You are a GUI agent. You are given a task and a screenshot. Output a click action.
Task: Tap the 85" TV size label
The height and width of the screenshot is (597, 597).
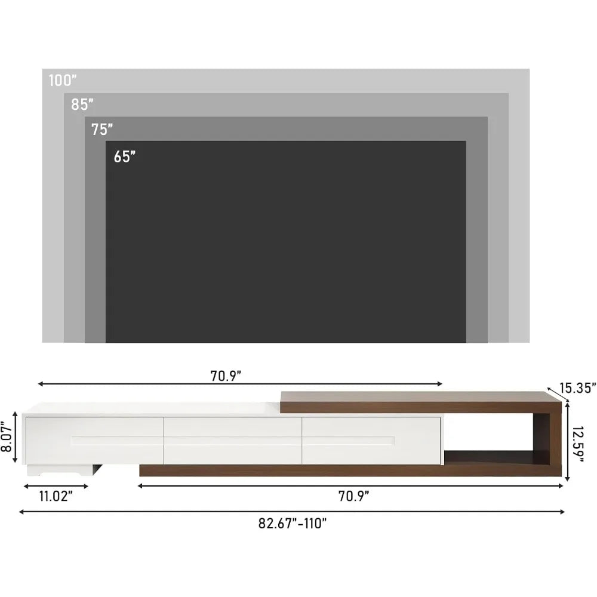(x=82, y=104)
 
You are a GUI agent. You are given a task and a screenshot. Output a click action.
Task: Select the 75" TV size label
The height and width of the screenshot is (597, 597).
(x=102, y=129)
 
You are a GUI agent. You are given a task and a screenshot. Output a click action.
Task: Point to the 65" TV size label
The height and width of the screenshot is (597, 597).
(x=125, y=157)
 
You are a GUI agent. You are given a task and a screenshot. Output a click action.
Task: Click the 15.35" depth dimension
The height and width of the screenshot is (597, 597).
(x=577, y=389)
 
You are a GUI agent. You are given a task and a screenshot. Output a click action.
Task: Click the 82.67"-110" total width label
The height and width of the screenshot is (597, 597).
(x=293, y=524)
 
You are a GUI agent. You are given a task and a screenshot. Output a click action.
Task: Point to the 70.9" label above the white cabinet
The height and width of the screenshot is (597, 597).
(x=225, y=376)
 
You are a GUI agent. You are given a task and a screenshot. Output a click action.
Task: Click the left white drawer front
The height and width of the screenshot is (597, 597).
(x=94, y=440)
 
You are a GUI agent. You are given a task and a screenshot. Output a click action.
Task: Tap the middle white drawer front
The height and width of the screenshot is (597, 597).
(x=233, y=440)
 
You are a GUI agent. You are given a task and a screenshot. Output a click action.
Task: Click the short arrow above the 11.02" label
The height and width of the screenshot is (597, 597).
(x=55, y=487)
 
